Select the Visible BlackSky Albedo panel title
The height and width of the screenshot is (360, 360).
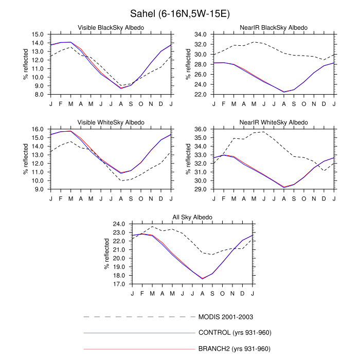[111, 27]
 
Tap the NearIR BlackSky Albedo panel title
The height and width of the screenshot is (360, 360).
[274, 27]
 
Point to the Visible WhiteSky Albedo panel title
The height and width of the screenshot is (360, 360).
[111, 122]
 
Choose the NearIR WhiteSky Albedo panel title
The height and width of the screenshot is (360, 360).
[274, 122]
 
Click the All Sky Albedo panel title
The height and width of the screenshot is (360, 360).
[192, 218]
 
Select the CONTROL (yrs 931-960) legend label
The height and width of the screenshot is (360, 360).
[234, 333]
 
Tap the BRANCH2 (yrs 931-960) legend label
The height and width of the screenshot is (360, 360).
[234, 349]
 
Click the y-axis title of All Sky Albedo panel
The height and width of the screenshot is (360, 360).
[107, 254]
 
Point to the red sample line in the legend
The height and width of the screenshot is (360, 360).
[139, 349]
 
